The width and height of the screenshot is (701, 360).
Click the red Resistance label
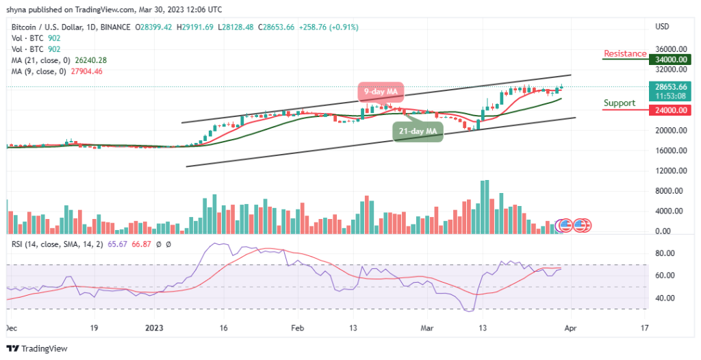tap(625, 53)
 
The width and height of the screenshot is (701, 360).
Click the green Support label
tap(619, 103)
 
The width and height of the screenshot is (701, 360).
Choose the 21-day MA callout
tap(418, 130)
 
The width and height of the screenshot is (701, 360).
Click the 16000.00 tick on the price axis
tap(670, 151)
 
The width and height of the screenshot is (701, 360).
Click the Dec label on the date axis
tap(12, 329)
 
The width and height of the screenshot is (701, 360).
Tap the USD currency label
tap(662, 27)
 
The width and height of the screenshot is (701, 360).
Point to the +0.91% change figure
tap(344, 27)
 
